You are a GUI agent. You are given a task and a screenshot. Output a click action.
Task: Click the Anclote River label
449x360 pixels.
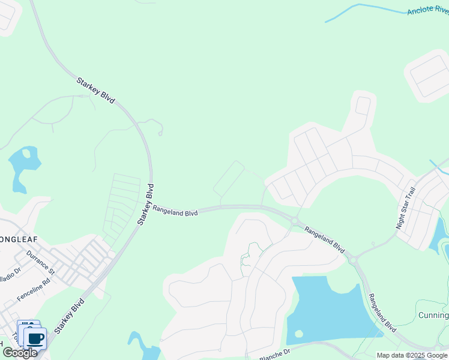(427, 10)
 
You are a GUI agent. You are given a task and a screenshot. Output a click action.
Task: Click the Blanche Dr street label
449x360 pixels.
(275, 354)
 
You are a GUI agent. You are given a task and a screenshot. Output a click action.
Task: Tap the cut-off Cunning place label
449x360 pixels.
(433, 316)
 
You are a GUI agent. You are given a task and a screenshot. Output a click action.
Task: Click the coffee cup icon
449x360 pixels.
(35, 338)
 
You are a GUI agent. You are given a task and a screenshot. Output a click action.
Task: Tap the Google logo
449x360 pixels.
(19, 353)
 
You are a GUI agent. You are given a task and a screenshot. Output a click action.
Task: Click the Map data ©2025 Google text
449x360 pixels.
(411, 355)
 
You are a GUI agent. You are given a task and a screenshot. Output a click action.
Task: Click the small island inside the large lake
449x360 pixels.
(298, 334)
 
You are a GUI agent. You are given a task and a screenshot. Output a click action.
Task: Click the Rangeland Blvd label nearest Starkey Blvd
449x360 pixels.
(175, 211)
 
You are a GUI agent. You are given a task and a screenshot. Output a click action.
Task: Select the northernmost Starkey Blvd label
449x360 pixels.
(95, 91)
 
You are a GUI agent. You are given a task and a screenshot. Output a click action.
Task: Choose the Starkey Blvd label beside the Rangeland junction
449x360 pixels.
(146, 204)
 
